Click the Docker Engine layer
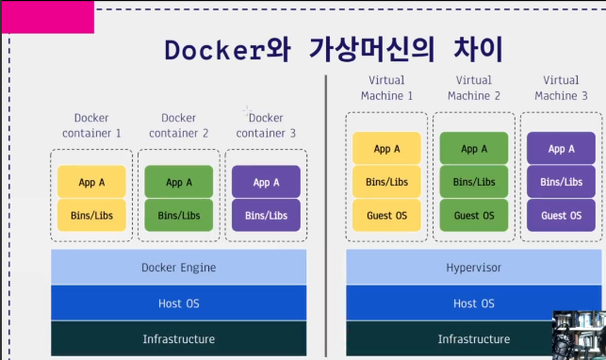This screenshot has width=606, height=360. coord(178,268)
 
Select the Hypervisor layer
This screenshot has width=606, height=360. coord(474,268)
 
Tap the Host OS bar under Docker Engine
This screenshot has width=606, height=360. coord(178,303)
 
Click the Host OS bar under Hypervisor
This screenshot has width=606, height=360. coord(474,303)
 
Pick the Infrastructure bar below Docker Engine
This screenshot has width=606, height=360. coord(178,338)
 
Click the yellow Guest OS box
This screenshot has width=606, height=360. coord(386,215)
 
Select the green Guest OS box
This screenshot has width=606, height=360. coord(474,215)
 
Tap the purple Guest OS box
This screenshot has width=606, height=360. coord(561,215)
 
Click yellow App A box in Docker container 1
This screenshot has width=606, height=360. coord(91,182)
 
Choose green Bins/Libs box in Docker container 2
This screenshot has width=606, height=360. coord(178,215)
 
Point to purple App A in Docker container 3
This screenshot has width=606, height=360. coord(266,182)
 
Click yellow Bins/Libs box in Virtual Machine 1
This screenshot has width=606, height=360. coord(386,182)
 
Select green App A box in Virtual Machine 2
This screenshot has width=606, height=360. coord(474,148)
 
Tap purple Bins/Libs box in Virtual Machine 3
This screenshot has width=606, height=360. coord(561,182)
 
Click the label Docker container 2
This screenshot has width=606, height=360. coord(178,125)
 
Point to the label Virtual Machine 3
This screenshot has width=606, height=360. coord(561,88)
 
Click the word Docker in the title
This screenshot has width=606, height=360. coord(215,50)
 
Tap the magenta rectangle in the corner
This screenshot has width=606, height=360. coord(48,17)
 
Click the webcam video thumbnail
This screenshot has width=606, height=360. coord(579,335)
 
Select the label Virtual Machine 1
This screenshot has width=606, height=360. coord(386,88)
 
